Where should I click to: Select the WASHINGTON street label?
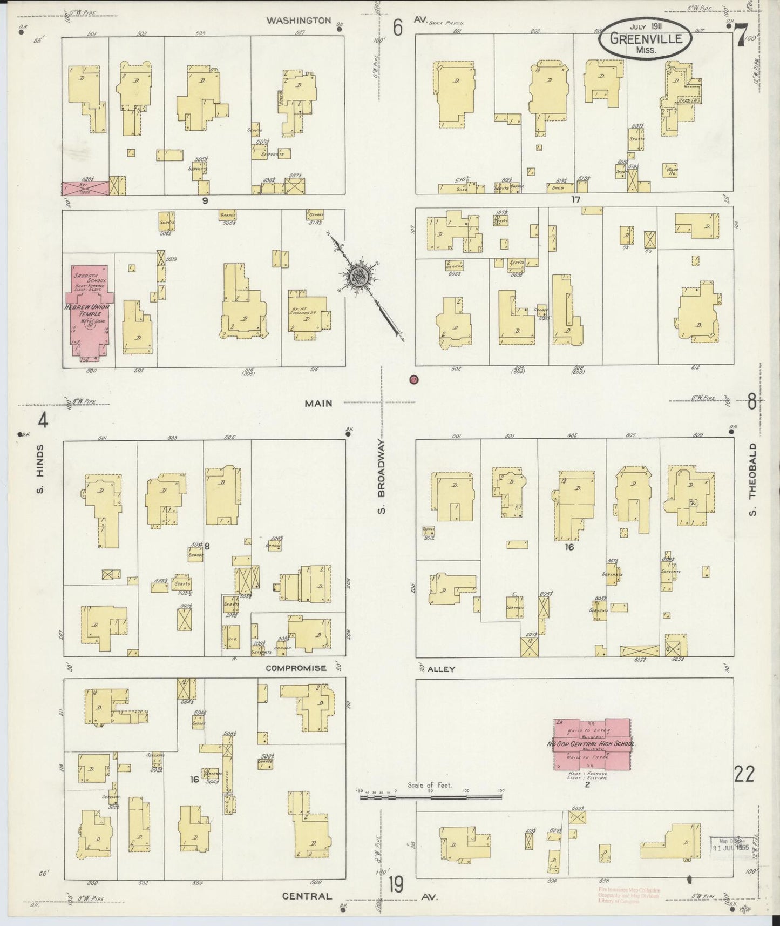299,21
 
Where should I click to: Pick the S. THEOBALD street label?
752,480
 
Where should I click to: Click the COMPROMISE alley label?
296,668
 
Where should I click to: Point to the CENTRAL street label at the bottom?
307,896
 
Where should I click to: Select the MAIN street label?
318,403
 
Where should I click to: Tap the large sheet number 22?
744,775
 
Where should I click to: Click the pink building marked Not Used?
85,187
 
